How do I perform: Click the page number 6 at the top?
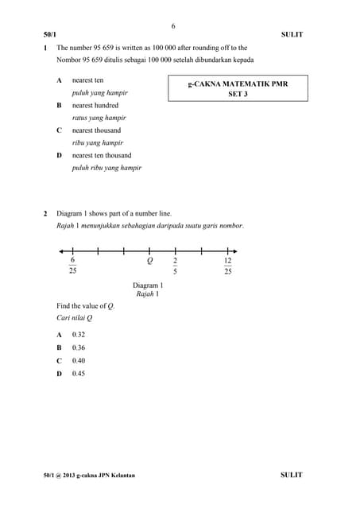(173, 26)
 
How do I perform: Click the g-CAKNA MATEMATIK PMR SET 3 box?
(238, 87)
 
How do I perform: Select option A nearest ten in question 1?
(87, 80)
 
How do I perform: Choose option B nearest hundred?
(95, 105)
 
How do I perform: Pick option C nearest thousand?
(96, 130)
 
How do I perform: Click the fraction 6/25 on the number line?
(73, 266)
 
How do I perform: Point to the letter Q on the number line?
(149, 261)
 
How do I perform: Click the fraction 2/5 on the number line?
(175, 266)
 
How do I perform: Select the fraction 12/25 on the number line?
(227, 266)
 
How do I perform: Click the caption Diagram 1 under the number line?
(148, 286)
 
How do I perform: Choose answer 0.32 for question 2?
(79, 335)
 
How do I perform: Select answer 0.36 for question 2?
(79, 348)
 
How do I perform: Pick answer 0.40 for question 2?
(79, 360)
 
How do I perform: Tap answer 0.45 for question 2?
(79, 373)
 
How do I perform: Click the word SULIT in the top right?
(292, 35)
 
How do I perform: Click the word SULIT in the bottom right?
(292, 475)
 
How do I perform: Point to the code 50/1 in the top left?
(50, 35)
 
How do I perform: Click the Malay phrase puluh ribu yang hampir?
(106, 168)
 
